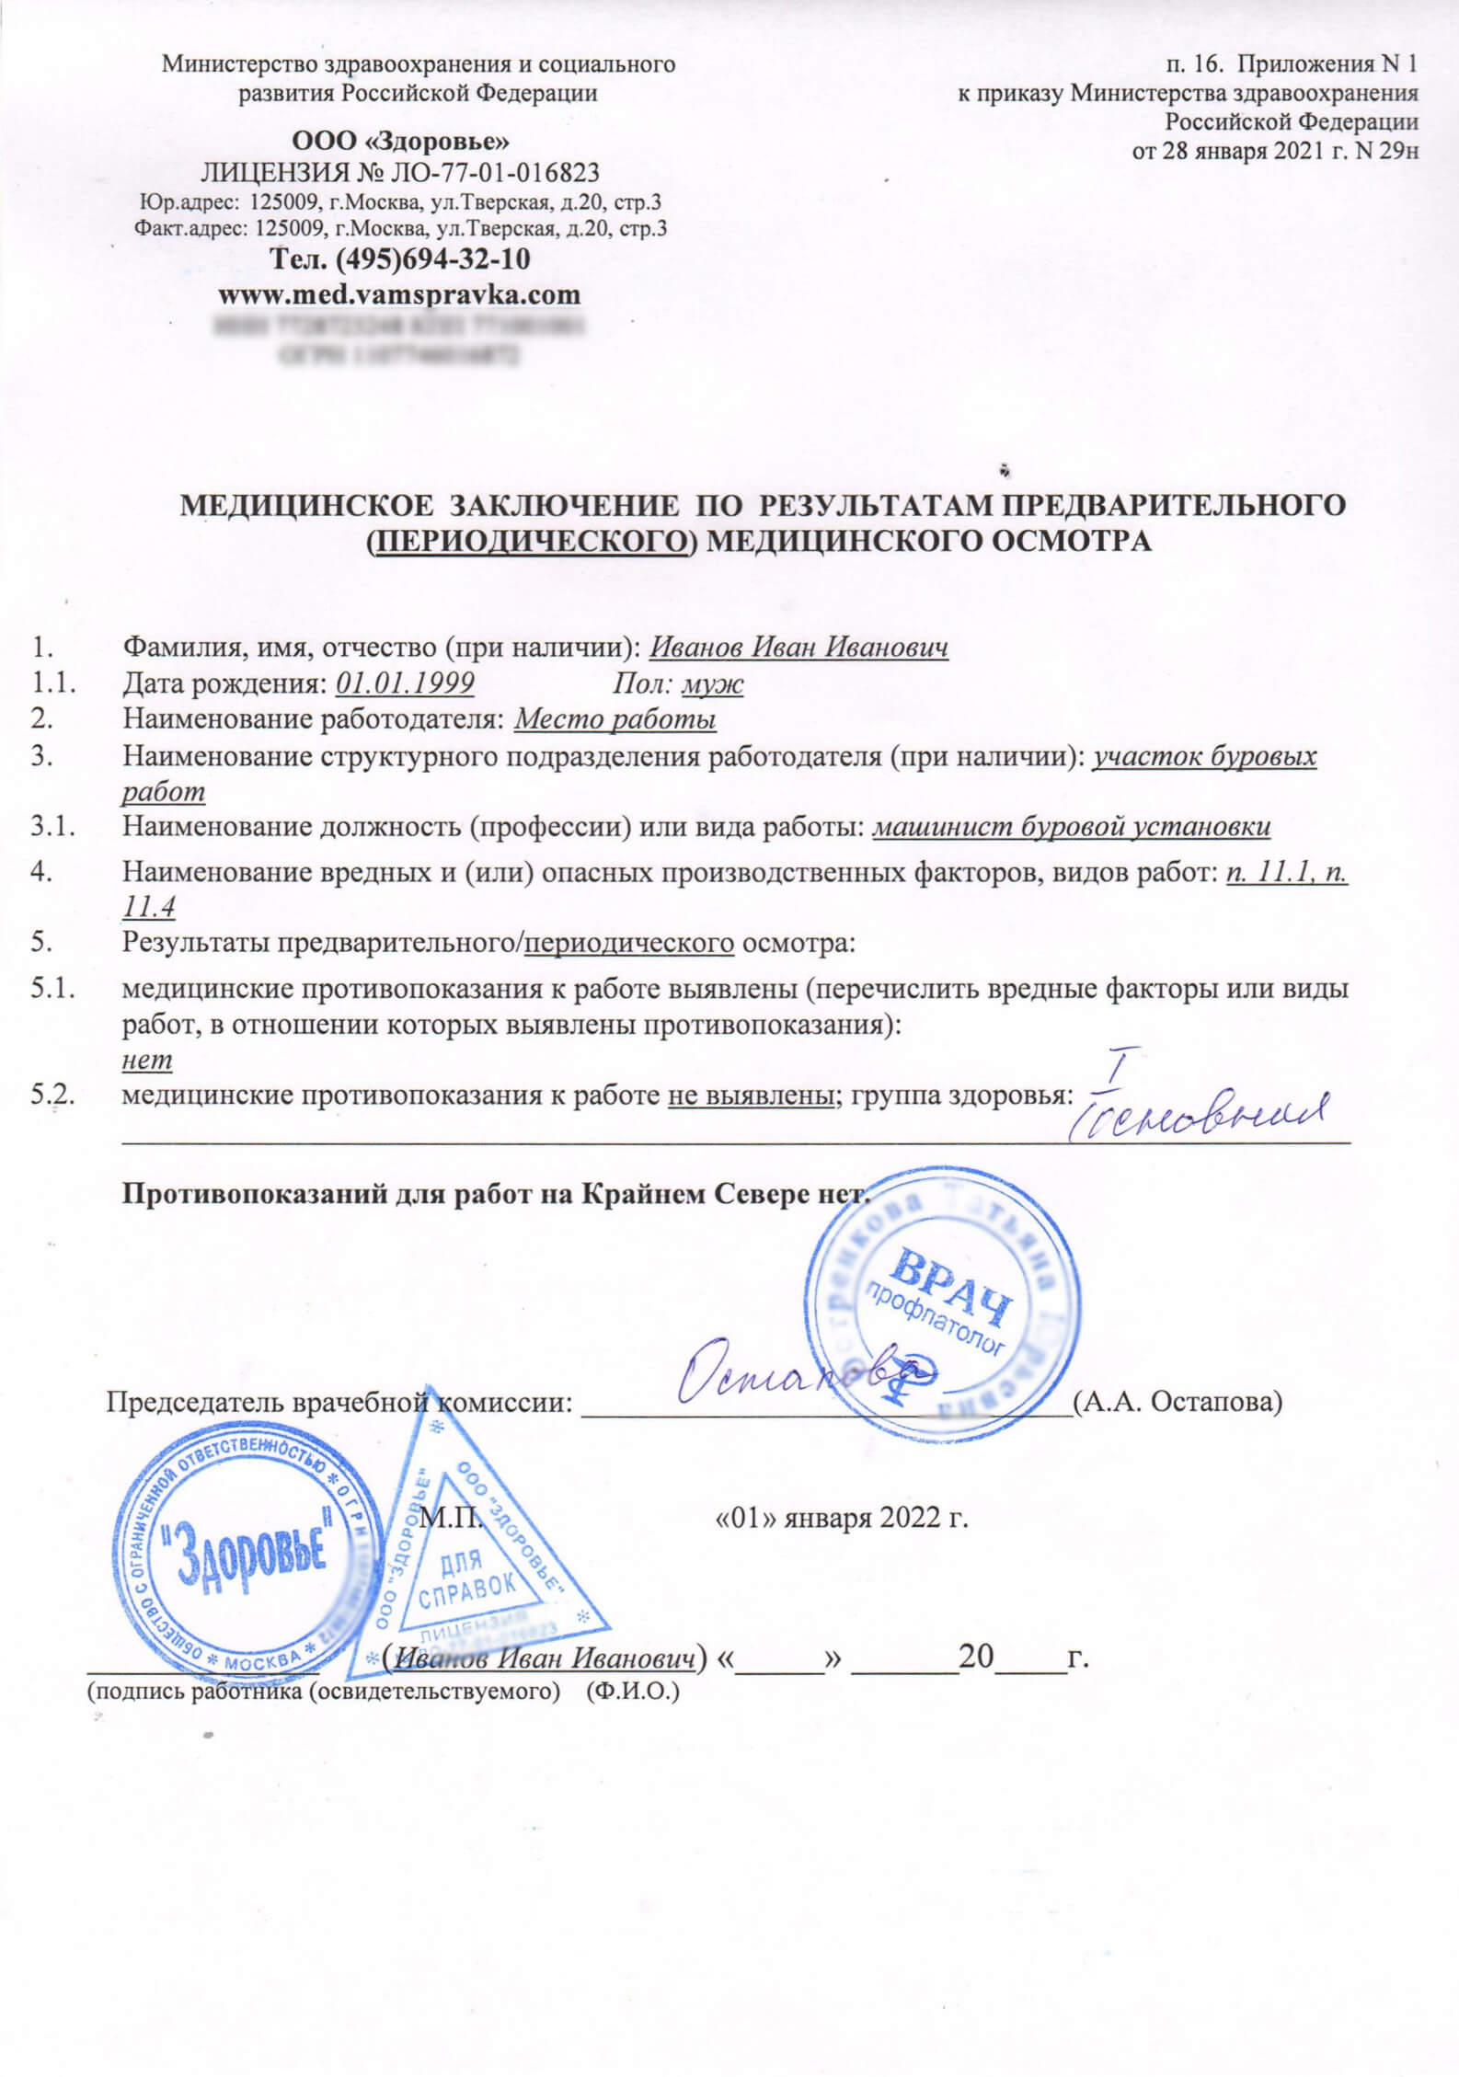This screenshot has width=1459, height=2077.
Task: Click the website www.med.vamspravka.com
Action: coord(400,295)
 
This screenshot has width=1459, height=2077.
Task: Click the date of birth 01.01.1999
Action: coord(406,683)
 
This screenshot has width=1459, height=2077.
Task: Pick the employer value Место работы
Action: coord(615,718)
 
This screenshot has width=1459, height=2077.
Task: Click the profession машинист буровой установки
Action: coord(1071,827)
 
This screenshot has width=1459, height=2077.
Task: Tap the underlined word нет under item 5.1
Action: coord(147,1061)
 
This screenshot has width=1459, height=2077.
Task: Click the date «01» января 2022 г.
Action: coord(843,1518)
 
